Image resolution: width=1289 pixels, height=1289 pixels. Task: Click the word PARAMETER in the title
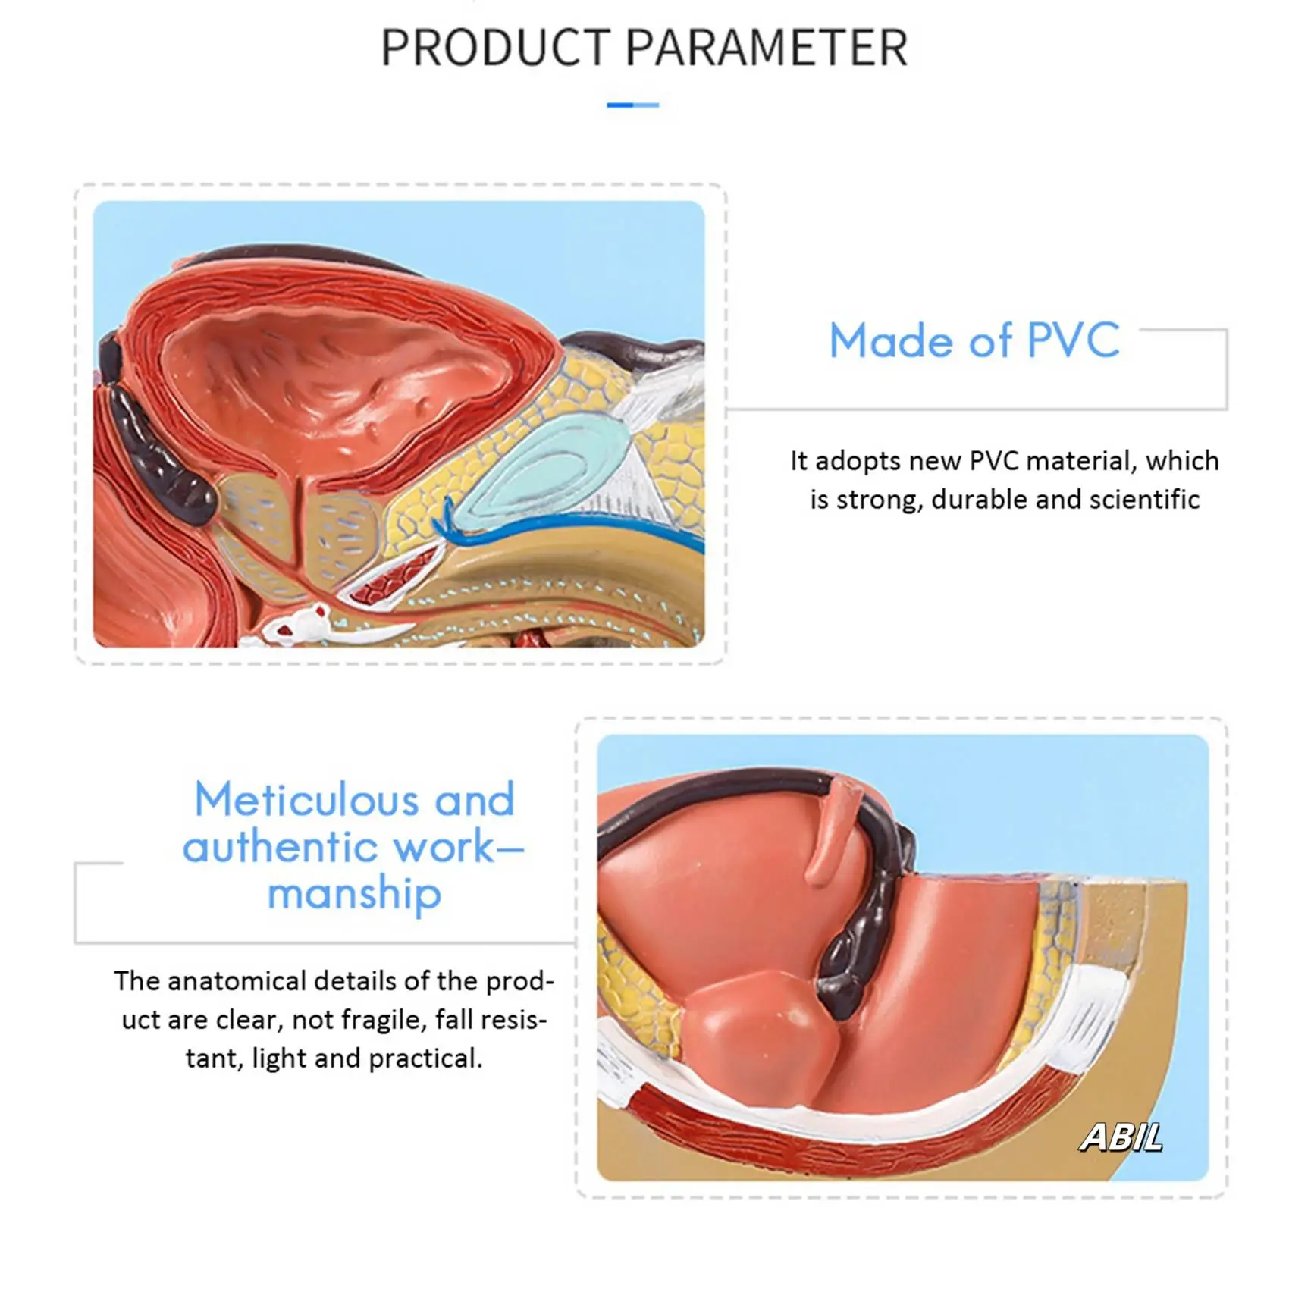(x=767, y=48)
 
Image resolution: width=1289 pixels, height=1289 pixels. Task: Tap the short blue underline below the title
(x=632, y=105)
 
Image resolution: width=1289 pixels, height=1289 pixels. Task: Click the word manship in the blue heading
(x=354, y=892)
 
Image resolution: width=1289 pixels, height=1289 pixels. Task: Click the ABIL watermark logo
(x=1121, y=1137)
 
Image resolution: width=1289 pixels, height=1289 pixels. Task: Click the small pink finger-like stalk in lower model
(x=834, y=834)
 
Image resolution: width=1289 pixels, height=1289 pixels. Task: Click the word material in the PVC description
(x=1081, y=461)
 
